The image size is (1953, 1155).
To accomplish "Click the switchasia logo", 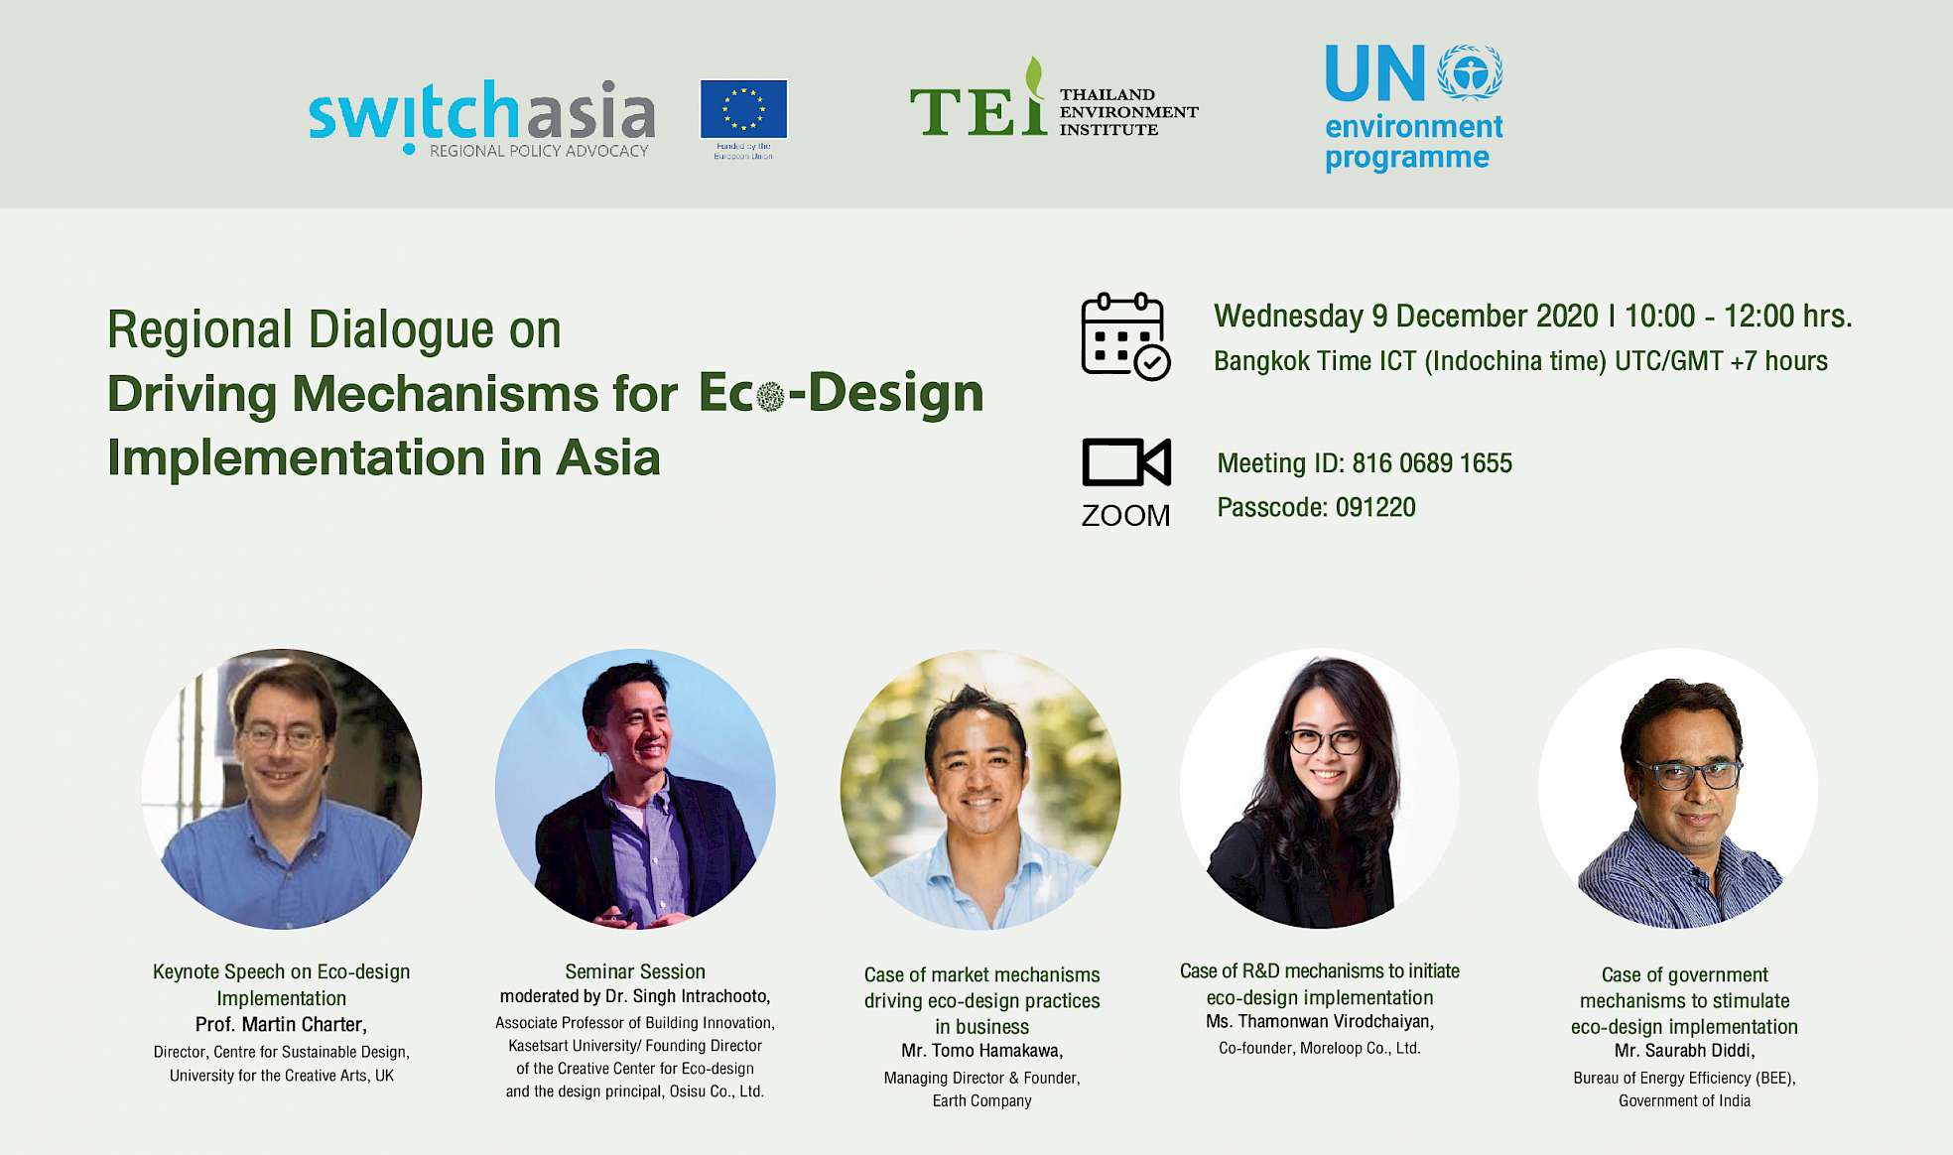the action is click(481, 117).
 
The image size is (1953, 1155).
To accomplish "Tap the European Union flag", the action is click(743, 108).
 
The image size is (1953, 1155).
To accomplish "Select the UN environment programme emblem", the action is click(1470, 71).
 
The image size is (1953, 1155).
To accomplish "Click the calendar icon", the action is click(1125, 336).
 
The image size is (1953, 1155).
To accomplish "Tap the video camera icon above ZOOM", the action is click(1126, 461).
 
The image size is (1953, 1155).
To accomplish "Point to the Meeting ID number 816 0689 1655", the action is click(1432, 463).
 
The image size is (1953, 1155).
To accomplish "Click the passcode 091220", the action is click(1375, 507).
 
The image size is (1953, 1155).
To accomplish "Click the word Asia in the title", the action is click(607, 458).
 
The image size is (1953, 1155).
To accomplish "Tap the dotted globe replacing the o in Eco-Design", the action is click(770, 397).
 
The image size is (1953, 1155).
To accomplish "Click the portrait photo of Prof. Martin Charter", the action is click(282, 789).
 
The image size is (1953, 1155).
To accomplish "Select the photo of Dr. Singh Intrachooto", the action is click(635, 789).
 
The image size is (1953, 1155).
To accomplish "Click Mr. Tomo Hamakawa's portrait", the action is click(980, 789).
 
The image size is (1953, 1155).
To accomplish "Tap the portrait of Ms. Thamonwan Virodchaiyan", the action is click(1320, 789).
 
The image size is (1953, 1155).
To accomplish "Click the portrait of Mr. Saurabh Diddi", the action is click(1678, 789).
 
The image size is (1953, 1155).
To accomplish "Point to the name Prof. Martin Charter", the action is click(281, 1025).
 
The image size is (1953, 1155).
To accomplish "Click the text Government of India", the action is click(1684, 1100).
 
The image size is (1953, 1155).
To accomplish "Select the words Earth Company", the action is click(981, 1100).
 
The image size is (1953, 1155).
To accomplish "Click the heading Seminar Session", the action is click(635, 971).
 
